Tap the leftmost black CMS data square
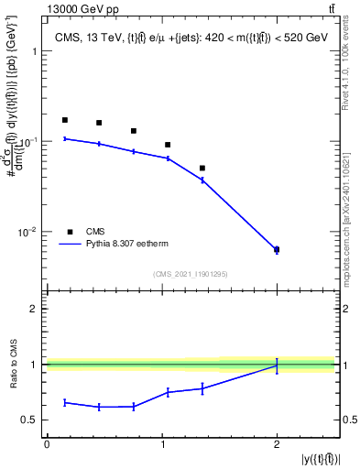[64, 120]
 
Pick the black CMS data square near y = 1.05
[168, 145]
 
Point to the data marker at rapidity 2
[277, 249]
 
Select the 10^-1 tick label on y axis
[30, 142]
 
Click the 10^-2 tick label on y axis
[30, 233]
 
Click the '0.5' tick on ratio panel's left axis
[30, 420]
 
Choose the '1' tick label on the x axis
[161, 443]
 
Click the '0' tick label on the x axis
[47, 443]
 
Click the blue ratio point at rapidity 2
[277, 365]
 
